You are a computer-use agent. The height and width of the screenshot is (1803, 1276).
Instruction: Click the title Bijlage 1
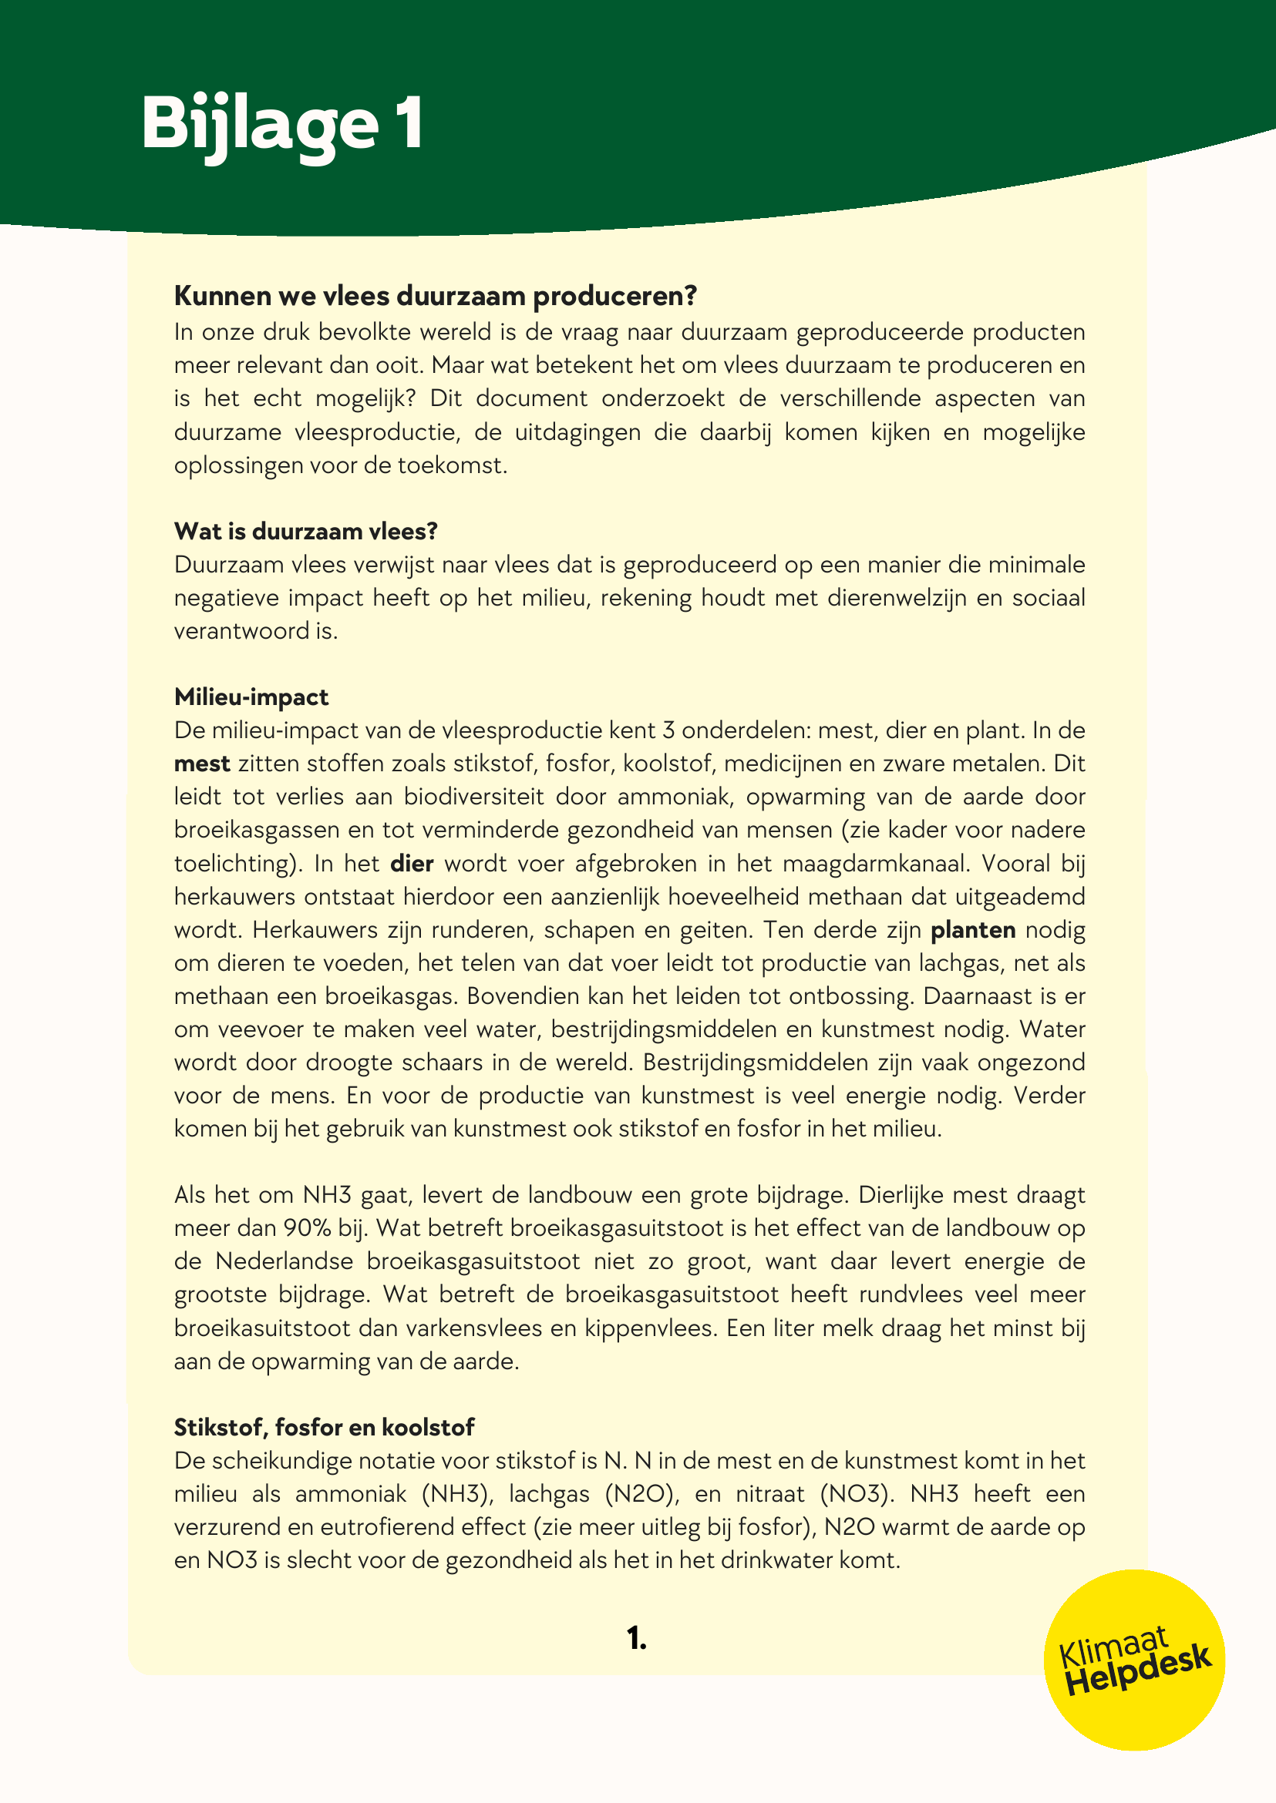[x=282, y=123]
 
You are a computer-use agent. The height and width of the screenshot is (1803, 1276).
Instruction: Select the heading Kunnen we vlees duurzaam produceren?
[x=436, y=296]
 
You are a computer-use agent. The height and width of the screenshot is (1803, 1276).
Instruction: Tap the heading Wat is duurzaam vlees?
[x=305, y=532]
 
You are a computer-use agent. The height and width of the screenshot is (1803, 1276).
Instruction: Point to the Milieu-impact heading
[x=251, y=697]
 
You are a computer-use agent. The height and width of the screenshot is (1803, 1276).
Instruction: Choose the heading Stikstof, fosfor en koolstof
[x=325, y=1427]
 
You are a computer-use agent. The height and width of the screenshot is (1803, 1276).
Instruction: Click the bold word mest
[x=202, y=764]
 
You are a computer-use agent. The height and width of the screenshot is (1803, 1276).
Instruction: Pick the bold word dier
[x=412, y=863]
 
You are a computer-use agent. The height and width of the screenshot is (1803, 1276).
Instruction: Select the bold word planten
[x=973, y=930]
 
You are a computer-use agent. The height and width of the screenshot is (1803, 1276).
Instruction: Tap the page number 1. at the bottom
[x=637, y=1638]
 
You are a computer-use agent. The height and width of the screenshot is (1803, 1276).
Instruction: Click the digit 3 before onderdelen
[x=668, y=730]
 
